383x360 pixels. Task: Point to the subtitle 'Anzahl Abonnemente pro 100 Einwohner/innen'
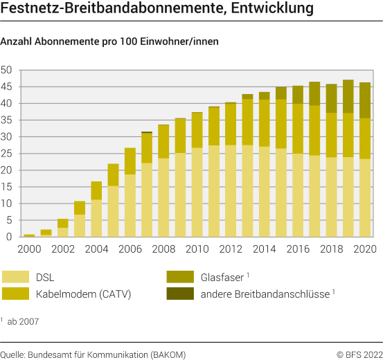tap(110, 42)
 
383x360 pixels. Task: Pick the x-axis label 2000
tap(29, 249)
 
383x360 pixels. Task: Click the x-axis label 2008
tap(163, 249)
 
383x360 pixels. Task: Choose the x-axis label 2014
tap(264, 249)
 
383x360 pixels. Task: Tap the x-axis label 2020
tap(364, 249)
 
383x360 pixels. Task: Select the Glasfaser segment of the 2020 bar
tap(364, 100)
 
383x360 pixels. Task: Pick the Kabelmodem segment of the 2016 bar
tap(297, 128)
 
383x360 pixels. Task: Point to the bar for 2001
tap(46, 233)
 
